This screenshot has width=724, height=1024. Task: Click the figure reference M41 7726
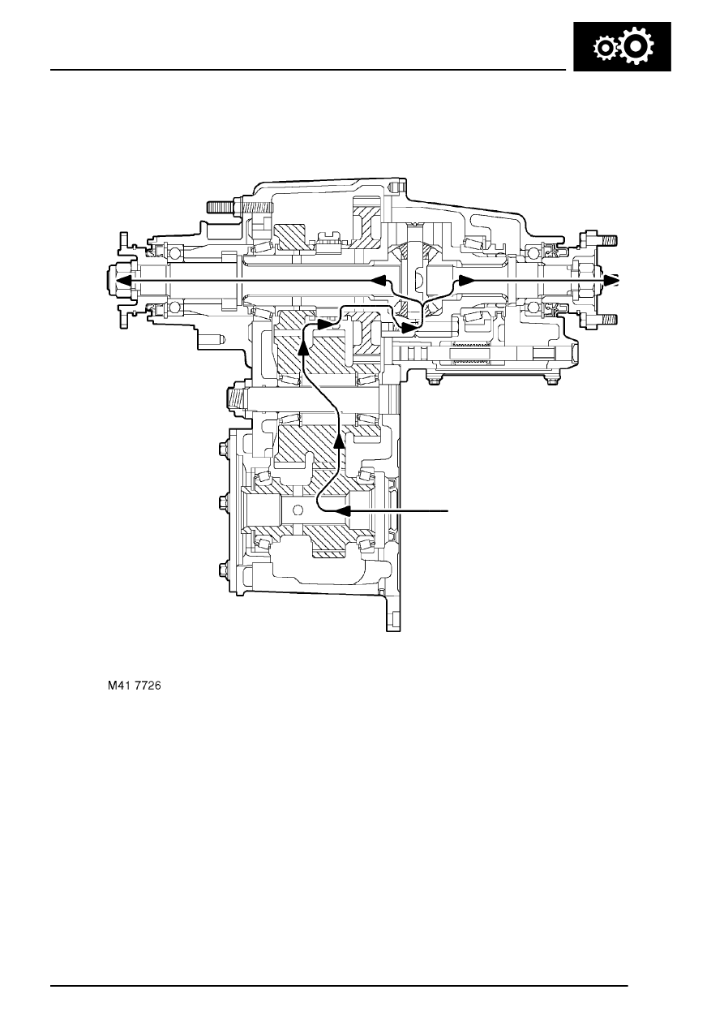coord(135,686)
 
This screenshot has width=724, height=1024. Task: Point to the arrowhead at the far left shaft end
coord(122,280)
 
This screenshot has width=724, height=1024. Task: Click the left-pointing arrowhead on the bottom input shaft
coord(343,511)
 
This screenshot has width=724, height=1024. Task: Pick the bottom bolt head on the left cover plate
coord(223,568)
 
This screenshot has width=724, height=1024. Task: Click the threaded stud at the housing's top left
coord(221,207)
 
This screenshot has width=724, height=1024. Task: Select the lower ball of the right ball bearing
coord(534,308)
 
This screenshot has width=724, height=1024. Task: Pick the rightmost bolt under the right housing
coord(553,379)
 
